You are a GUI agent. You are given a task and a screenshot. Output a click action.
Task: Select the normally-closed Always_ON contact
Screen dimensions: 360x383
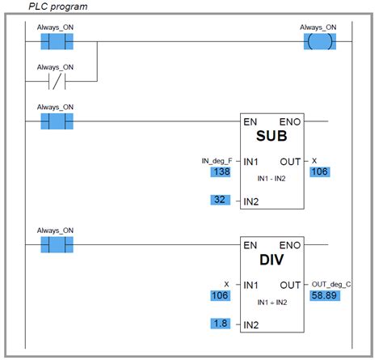56,81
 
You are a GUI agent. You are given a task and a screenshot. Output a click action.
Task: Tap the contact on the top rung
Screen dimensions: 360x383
56,41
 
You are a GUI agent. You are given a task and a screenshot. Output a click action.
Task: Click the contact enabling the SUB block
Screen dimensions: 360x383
56,121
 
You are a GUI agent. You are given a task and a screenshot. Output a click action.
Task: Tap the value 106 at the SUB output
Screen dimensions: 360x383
319,172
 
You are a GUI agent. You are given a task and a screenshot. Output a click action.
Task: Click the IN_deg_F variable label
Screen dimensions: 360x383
217,161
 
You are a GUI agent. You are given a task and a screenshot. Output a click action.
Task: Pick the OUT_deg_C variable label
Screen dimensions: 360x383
331,285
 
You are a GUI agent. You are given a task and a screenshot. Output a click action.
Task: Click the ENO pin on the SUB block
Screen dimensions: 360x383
291,121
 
